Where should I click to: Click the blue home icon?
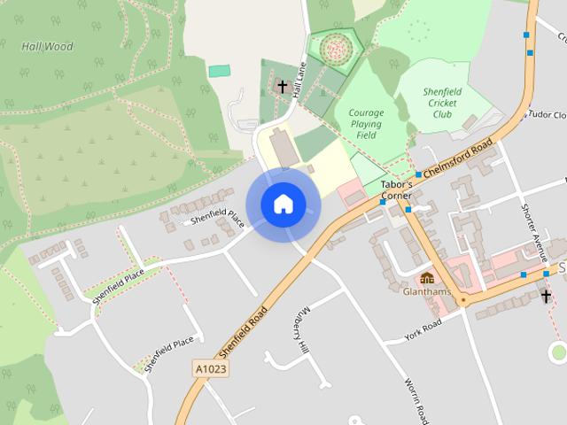pyautogui.click(x=283, y=204)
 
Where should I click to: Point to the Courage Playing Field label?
pyautogui.click(x=365, y=124)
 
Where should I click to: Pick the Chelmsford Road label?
pyautogui.click(x=460, y=159)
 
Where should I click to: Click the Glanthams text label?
pyautogui.click(x=427, y=290)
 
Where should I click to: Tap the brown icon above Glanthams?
pyautogui.click(x=427, y=278)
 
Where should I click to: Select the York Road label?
pyautogui.click(x=423, y=329)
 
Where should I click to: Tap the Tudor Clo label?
pyautogui.click(x=546, y=115)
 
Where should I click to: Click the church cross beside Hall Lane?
pyautogui.click(x=283, y=87)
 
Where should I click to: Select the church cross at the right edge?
pyautogui.click(x=547, y=297)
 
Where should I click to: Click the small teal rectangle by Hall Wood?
pyautogui.click(x=219, y=70)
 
